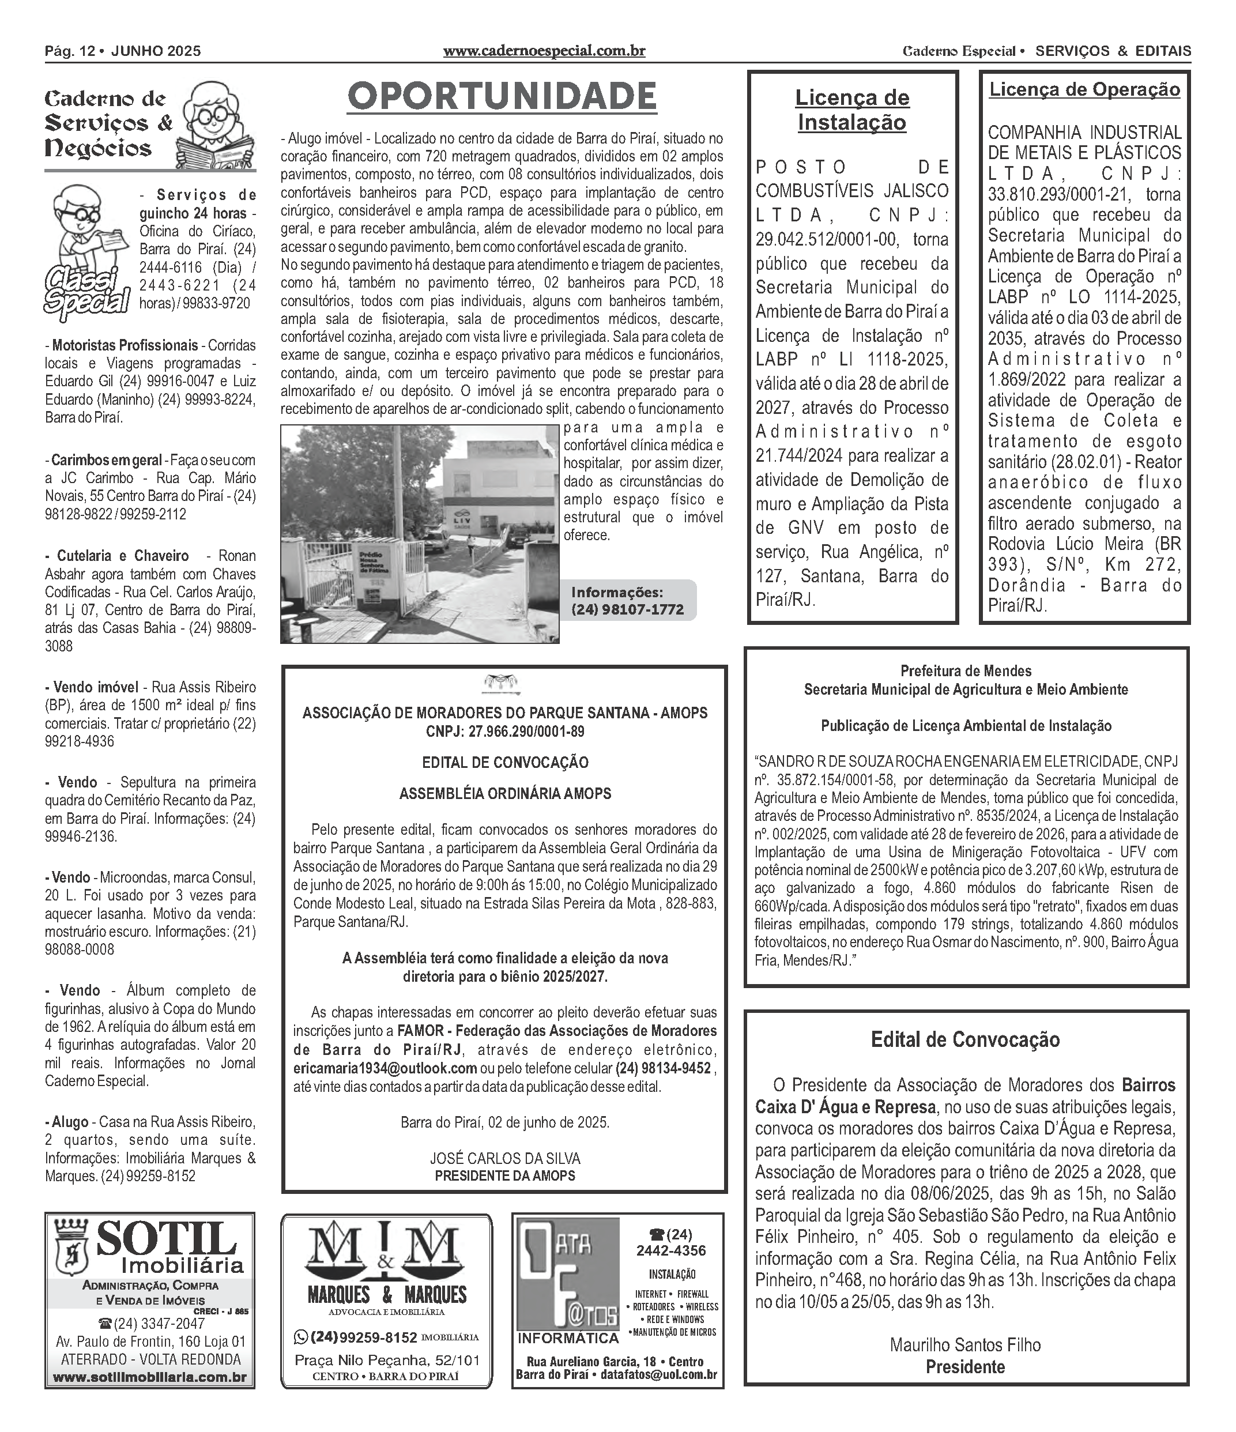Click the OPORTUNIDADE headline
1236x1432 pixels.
[x=502, y=97]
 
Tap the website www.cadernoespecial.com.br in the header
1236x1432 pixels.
[x=544, y=51]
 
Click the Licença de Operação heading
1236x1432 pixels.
[x=1084, y=90]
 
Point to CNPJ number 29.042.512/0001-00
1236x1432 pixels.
[x=826, y=240]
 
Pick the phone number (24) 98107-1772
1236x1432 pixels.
[x=627, y=609]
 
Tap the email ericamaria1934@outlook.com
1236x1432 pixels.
[x=385, y=1068]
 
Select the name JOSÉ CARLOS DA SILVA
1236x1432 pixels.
[x=504, y=1158]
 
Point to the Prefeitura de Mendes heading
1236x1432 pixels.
[x=965, y=671]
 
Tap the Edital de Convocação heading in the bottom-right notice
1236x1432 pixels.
[x=965, y=1040]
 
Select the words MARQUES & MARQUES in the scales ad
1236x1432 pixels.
[x=386, y=1294]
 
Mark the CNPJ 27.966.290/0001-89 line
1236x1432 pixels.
[x=504, y=731]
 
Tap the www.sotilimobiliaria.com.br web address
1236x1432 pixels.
[x=149, y=1377]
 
